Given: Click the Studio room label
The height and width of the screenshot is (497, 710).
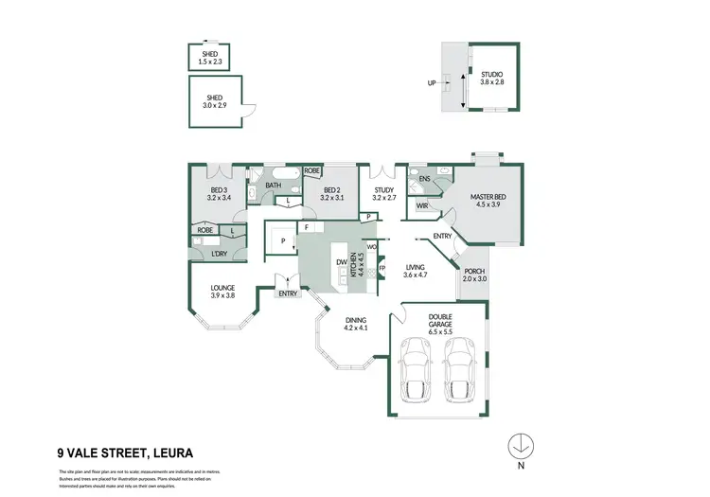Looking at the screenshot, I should click(x=491, y=79).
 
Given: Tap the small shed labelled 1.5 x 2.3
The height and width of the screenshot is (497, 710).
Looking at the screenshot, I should click(x=209, y=59).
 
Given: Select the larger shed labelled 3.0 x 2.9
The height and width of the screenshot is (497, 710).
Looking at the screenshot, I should click(x=215, y=103).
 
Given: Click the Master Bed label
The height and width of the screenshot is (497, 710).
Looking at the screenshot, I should click(x=490, y=201).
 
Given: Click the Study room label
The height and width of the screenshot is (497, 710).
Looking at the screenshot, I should click(x=383, y=194).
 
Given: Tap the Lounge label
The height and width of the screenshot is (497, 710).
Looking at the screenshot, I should click(x=223, y=292).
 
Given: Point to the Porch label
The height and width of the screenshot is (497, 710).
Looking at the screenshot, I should click(x=473, y=275).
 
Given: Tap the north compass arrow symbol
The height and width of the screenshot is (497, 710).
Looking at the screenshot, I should click(x=520, y=444).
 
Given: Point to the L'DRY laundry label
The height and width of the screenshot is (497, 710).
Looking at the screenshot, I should click(x=219, y=254).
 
